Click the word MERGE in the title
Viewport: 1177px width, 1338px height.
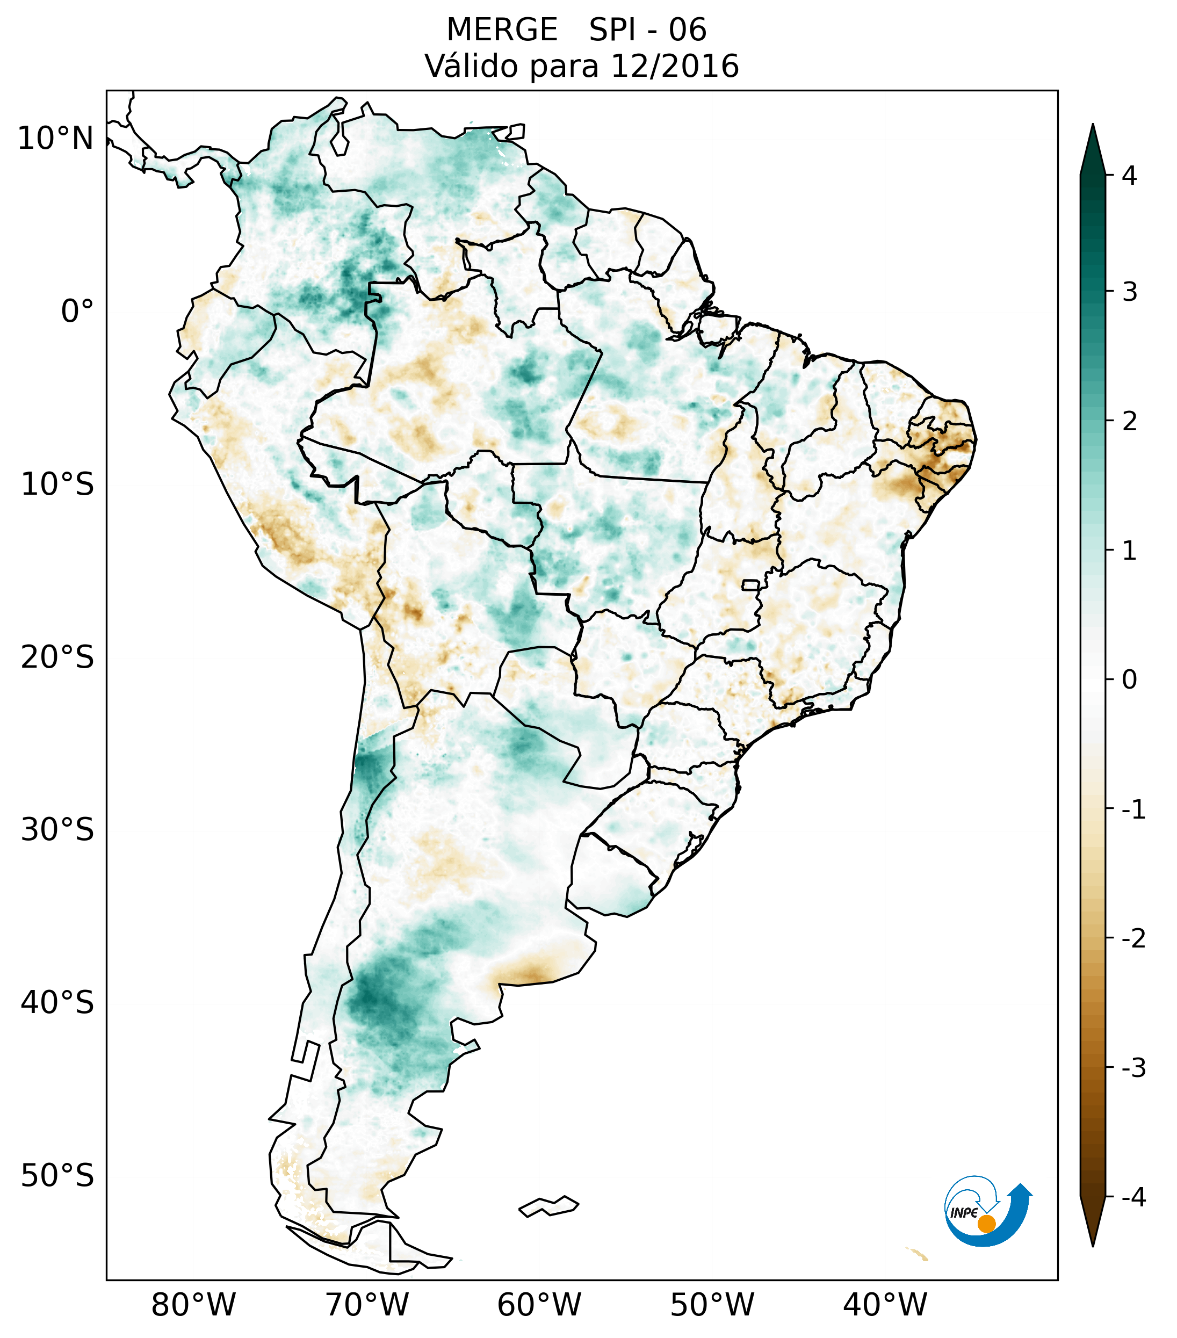pyautogui.click(x=502, y=30)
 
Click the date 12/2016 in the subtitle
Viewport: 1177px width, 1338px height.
pyautogui.click(x=674, y=66)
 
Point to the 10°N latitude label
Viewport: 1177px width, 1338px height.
pyautogui.click(x=56, y=139)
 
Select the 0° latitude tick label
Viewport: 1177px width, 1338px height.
pyautogui.click(x=77, y=311)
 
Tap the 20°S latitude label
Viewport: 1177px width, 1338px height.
pyautogui.click(x=57, y=657)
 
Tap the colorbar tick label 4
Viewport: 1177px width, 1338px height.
pyautogui.click(x=1129, y=176)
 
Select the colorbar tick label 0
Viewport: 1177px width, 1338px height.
pyautogui.click(x=1129, y=680)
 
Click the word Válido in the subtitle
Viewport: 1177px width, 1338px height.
pyautogui.click(x=471, y=66)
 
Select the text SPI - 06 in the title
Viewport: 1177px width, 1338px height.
pyautogui.click(x=647, y=30)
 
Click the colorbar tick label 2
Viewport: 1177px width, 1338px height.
pyautogui.click(x=1129, y=422)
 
